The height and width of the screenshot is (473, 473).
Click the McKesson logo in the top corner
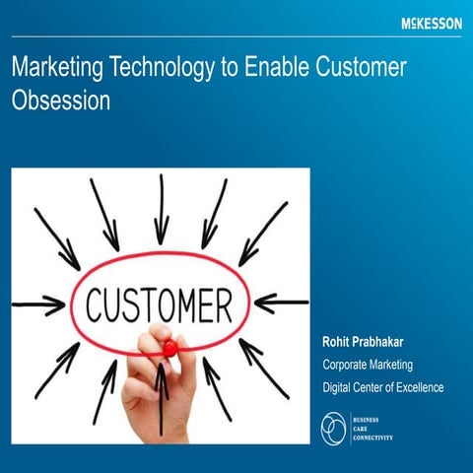pyautogui.click(x=431, y=23)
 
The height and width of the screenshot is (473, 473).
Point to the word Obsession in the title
pyautogui.click(x=60, y=101)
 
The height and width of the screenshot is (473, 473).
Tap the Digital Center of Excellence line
pyautogui.click(x=383, y=387)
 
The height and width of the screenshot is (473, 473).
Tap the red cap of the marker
pyautogui.click(x=169, y=348)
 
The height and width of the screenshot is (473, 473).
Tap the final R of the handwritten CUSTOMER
pyautogui.click(x=225, y=302)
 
